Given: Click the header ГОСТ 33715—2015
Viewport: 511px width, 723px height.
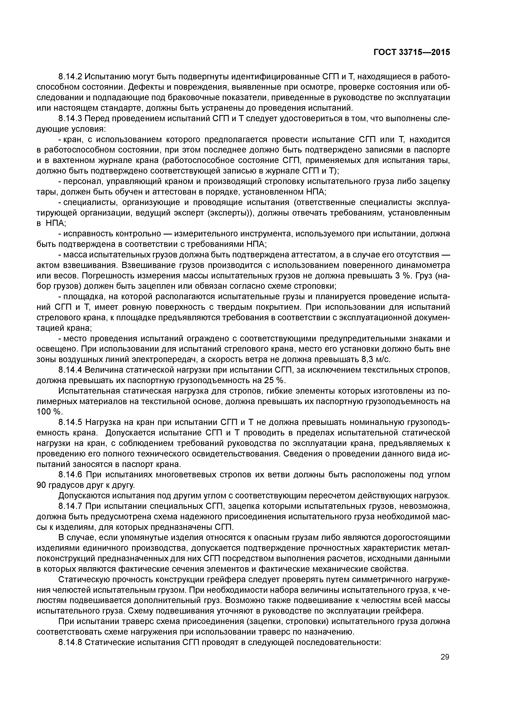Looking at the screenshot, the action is click(x=411, y=52).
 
